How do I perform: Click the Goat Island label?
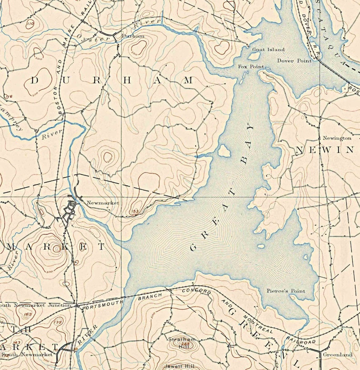click(x=269, y=49)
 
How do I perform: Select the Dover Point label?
click(x=292, y=60)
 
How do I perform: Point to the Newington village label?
click(x=337, y=138)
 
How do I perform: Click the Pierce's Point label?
click(x=286, y=291)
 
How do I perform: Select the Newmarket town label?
click(x=102, y=203)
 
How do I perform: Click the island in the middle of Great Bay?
click(x=224, y=151)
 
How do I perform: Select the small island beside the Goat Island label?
click(x=254, y=56)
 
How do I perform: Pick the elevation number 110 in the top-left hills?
click(x=30, y=23)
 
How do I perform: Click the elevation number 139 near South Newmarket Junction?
click(x=58, y=322)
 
